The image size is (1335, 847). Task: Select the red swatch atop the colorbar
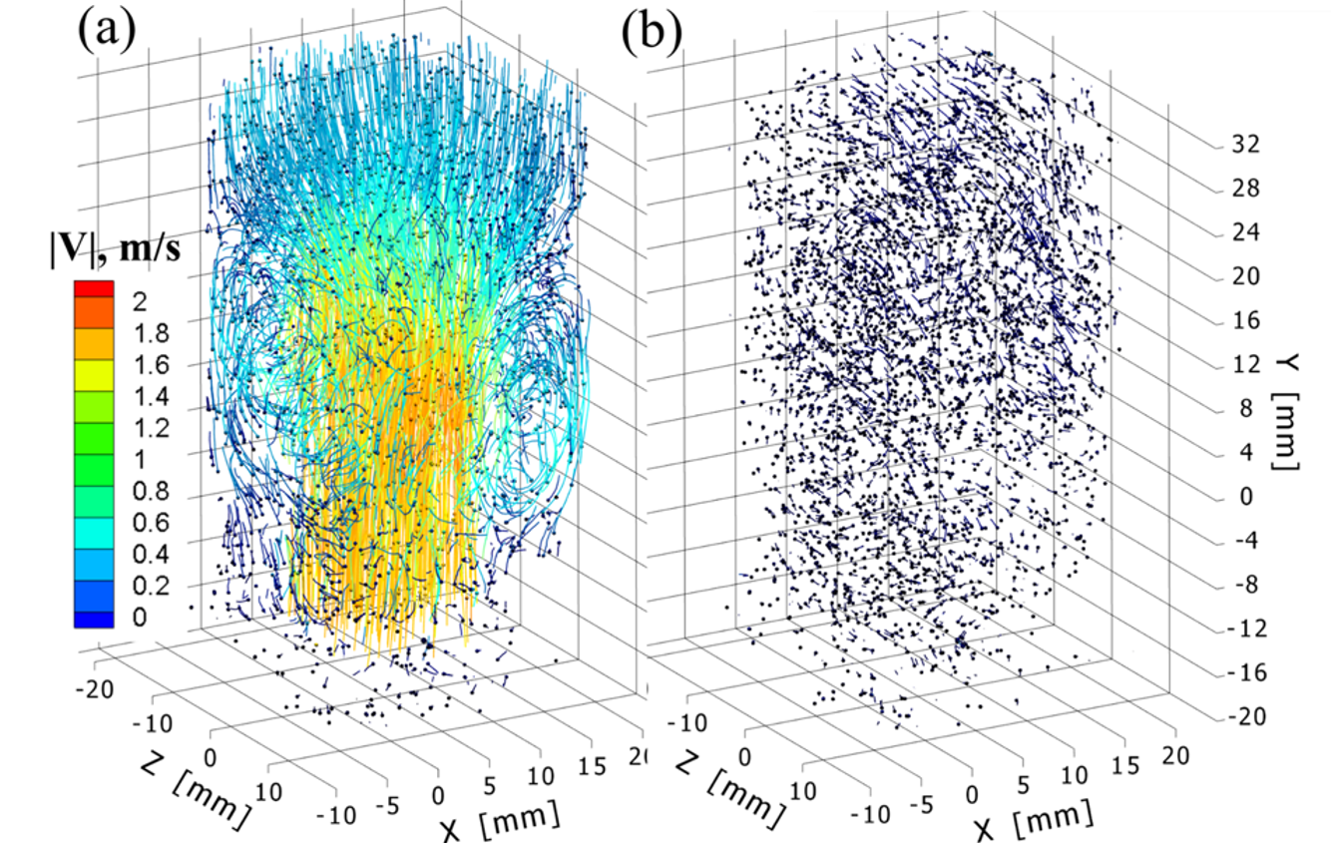click(95, 289)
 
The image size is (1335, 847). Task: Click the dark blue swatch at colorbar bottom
click(95, 617)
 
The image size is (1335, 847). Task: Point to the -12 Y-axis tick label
click(1245, 629)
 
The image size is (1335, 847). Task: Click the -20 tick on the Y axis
click(1245, 716)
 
